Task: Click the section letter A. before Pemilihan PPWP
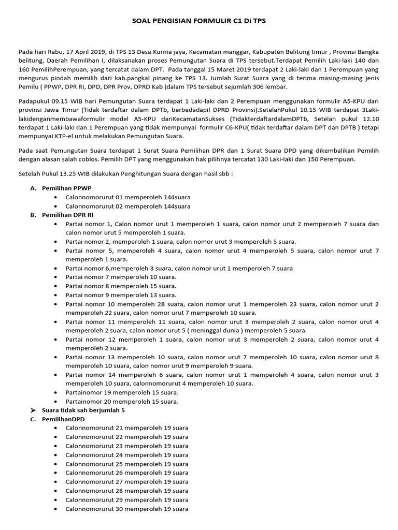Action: [33, 188]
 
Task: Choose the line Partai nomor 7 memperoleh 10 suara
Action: [121, 277]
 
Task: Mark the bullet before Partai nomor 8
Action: [56, 286]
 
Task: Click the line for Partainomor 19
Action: [122, 392]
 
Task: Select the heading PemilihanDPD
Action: [63, 419]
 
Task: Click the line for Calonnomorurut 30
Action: [126, 509]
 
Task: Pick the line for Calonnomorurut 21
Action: [126, 428]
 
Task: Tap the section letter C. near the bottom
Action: [33, 419]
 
